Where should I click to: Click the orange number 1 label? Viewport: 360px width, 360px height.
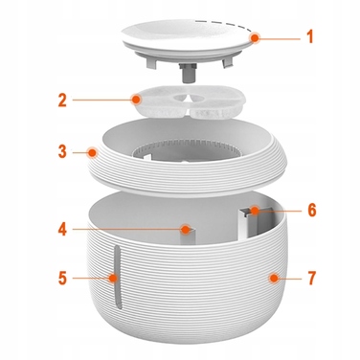309,36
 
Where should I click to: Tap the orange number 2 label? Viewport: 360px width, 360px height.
62,101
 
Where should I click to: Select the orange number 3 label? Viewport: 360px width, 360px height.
62,151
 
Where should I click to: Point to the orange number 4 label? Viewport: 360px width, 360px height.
62,230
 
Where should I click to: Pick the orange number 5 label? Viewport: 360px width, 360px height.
63,278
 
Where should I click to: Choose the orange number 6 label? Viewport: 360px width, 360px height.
312,210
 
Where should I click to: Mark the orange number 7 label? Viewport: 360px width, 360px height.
312,278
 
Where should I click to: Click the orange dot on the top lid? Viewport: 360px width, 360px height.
255,38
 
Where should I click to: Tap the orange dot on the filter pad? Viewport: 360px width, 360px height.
136,100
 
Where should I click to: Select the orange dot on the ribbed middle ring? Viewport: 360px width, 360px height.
93,152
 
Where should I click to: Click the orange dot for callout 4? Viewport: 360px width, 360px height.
185,229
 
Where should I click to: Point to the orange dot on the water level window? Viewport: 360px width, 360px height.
113,278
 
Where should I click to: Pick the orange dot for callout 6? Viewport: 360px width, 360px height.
255,211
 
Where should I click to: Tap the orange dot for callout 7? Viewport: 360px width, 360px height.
273,278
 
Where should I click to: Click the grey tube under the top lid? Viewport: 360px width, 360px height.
186,73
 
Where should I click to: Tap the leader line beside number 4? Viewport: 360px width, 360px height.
126,229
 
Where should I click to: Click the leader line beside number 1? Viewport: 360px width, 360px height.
280,39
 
